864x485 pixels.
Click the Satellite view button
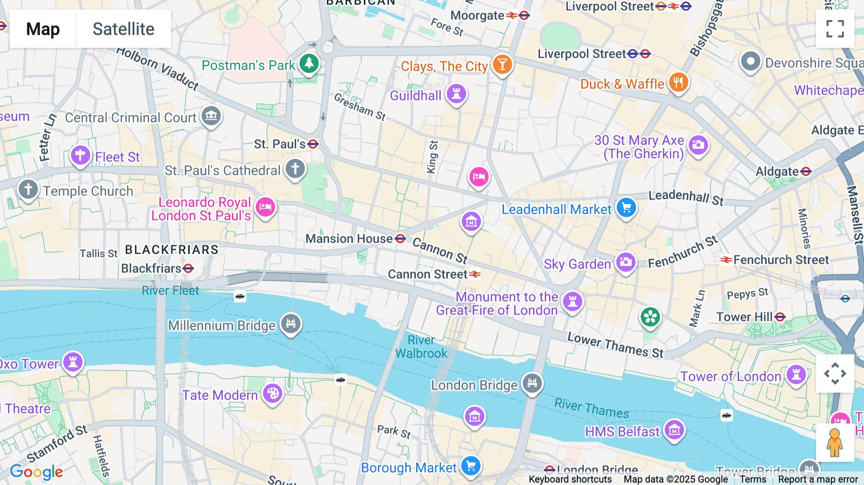[123, 29]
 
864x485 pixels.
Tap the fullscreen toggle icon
[835, 29]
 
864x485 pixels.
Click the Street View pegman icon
[835, 443]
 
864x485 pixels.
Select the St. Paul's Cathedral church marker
[295, 169]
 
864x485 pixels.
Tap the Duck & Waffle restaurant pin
[678, 83]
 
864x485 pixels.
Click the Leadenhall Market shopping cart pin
[626, 208]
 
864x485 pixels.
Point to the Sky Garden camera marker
[625, 262]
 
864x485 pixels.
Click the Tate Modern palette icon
[273, 394]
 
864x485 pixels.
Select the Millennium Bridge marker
[291, 323]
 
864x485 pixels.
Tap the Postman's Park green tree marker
[309, 63]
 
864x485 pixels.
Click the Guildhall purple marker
[456, 94]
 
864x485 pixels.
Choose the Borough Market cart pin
[470, 466]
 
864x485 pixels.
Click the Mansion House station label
[349, 239]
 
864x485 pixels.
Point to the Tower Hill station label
[744, 317]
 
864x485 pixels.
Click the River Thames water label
[591, 408]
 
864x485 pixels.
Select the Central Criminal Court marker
[211, 116]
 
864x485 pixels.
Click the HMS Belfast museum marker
[674, 430]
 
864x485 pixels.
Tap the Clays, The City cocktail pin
[502, 64]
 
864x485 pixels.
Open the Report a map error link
[818, 479]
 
